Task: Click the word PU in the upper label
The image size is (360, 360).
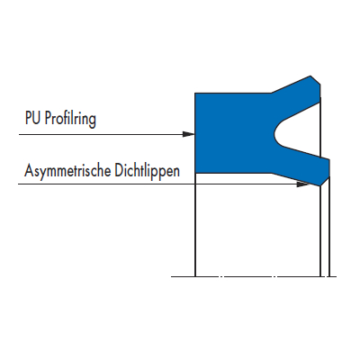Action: tap(32, 118)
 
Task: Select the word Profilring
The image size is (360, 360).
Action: tap(70, 120)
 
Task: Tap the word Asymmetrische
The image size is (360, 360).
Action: tap(67, 171)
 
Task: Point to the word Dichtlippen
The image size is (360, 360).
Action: tap(148, 171)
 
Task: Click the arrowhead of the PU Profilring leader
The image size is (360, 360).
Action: tap(189, 134)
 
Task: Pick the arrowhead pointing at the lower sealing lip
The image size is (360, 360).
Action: tap(302, 184)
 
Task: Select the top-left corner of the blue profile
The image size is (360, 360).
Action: tap(195, 94)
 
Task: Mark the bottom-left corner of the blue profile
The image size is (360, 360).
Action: tap(195, 173)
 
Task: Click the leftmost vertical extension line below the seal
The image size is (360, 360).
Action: tap(195, 225)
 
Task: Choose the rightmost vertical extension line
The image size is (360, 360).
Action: tap(329, 227)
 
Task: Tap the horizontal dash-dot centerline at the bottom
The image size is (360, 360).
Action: tap(254, 276)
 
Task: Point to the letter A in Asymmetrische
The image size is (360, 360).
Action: tap(29, 170)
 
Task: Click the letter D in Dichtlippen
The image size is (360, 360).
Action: tap(119, 170)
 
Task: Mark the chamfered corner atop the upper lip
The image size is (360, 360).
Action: tap(315, 80)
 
